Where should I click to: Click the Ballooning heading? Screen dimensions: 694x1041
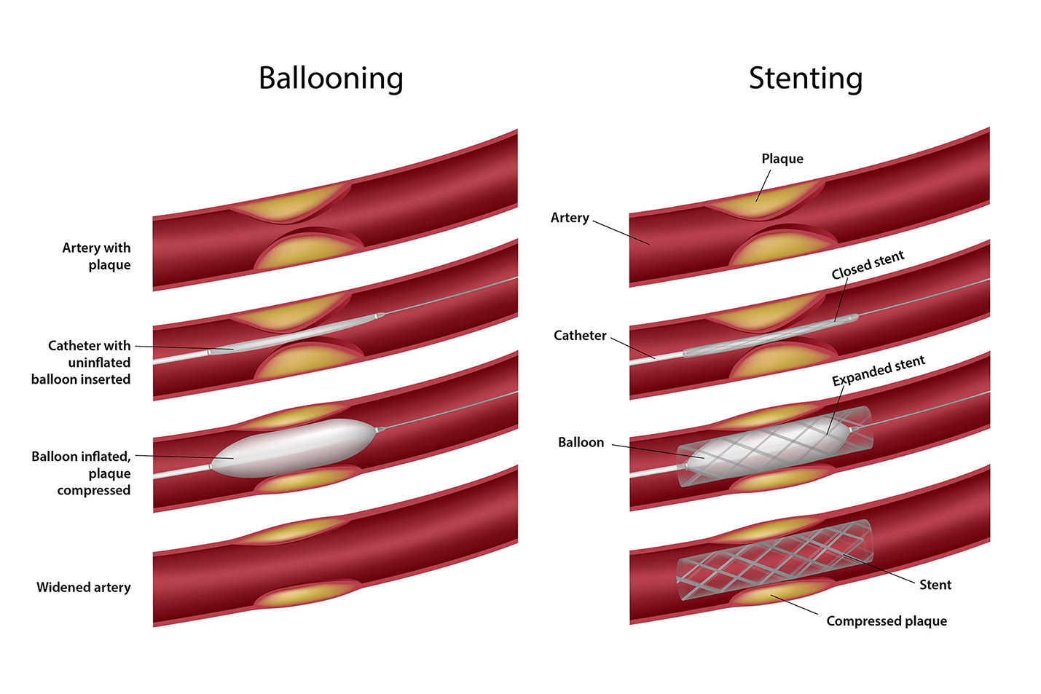coord(331,79)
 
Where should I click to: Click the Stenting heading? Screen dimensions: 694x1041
coord(805,79)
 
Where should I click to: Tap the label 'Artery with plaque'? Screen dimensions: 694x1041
coord(96,256)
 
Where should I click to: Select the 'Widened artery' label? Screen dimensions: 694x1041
coord(84,588)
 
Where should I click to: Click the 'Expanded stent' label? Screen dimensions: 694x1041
coord(878,371)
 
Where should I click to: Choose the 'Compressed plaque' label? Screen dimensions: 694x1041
coord(887,621)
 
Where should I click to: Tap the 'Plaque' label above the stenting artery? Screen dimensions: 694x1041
coord(782,159)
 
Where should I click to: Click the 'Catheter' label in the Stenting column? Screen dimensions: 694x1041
coord(580,336)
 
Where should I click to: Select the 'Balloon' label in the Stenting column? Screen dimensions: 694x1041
coord(581,443)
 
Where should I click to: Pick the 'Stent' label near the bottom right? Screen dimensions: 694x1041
coord(935,585)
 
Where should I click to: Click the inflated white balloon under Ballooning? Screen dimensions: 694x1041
coord(291,447)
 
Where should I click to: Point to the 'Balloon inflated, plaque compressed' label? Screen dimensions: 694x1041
coord(81,473)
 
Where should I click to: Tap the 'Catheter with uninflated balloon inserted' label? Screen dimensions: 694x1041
coord(81,363)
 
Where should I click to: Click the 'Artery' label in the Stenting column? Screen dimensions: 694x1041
coord(570,218)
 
